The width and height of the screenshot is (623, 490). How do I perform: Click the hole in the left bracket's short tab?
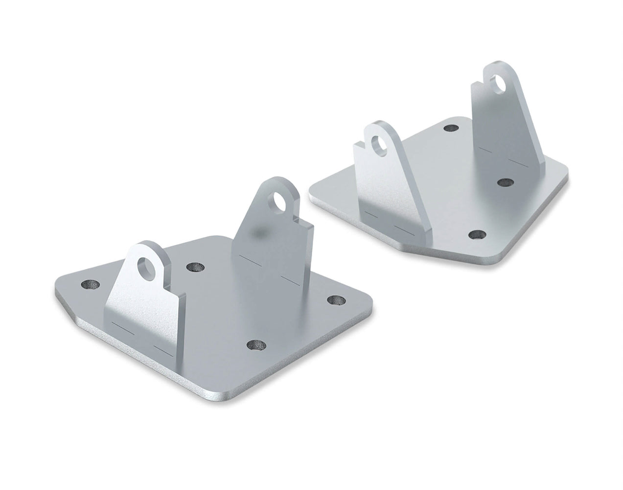pos(145,265)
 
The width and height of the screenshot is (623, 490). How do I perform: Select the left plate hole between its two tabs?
pos(197,268)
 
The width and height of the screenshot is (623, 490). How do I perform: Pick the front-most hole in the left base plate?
pos(255,346)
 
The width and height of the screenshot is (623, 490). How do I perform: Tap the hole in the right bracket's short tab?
pos(379,145)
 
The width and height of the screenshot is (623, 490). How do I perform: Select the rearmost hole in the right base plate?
pos(449,129)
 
